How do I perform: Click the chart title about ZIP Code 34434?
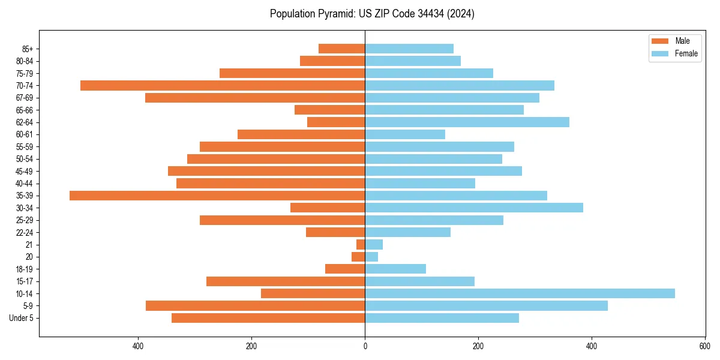point(372,14)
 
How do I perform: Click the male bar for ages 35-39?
point(217,196)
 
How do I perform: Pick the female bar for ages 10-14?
point(520,293)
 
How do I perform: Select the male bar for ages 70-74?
point(223,85)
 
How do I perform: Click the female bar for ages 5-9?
point(486,305)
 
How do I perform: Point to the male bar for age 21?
point(361,244)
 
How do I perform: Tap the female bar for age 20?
point(371,257)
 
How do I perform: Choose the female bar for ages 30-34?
point(474,208)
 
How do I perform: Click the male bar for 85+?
point(341,49)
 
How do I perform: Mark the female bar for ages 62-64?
point(467,122)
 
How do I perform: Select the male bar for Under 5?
point(268,318)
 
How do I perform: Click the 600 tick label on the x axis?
point(704,346)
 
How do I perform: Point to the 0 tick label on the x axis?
point(365,346)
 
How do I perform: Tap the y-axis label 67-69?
point(25,98)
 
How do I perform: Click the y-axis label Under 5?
point(22,318)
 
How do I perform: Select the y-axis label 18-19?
point(25,269)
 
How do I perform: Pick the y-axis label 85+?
point(27,49)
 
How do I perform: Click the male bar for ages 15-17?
point(286,281)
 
